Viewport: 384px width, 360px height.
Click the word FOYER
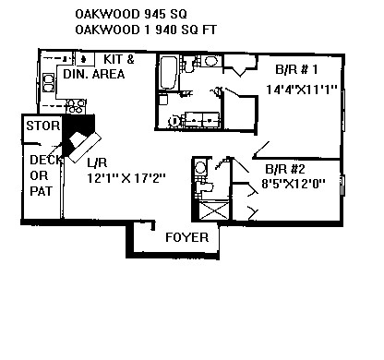coord(186,237)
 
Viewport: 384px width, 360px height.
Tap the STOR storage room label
coord(42,126)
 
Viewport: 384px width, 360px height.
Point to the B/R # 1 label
coord(296,69)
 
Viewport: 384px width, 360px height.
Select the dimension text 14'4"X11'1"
coord(301,90)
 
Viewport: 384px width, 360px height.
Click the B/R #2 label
coord(285,169)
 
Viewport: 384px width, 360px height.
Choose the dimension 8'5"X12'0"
coord(294,184)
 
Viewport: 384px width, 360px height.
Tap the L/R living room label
coord(97,162)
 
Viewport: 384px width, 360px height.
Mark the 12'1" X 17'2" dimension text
coord(126,178)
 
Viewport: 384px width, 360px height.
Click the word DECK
coord(46,160)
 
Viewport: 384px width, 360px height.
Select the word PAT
coord(42,191)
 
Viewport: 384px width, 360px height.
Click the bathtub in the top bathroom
coord(168,73)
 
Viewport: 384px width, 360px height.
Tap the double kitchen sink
coord(48,82)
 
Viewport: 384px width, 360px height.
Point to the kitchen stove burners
coord(76,106)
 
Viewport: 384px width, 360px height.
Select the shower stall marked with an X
coord(214,210)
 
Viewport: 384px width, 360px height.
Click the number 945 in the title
coord(155,14)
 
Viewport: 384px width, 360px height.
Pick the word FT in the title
coord(210,30)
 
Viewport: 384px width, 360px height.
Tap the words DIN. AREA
coord(94,74)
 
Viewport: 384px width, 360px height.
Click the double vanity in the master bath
coord(201,119)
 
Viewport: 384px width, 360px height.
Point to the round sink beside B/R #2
coord(200,168)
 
